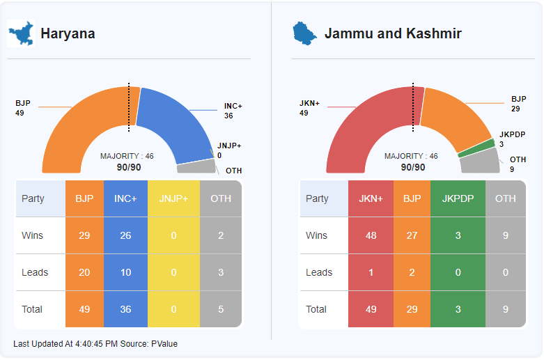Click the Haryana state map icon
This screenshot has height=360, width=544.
pyautogui.click(x=21, y=33)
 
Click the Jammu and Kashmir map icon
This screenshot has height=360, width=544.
pyautogui.click(x=304, y=33)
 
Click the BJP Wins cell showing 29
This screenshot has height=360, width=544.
pyautogui.click(x=84, y=235)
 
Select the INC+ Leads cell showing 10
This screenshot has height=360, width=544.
pyautogui.click(x=125, y=272)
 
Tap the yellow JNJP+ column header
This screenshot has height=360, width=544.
pyautogui.click(x=173, y=198)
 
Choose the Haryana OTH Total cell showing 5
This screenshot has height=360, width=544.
pyautogui.click(x=221, y=309)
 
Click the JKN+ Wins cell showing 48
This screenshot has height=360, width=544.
pyautogui.click(x=371, y=235)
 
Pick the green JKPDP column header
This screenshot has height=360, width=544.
pyautogui.click(x=458, y=198)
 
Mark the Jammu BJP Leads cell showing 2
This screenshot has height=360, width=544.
pyautogui.click(x=412, y=272)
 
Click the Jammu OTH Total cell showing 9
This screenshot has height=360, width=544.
pyautogui.click(x=505, y=309)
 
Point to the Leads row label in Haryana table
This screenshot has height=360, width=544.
pyautogui.click(x=36, y=272)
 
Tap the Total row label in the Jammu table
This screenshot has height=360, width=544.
pyautogui.click(x=316, y=309)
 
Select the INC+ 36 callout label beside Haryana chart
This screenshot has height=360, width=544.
pyautogui.click(x=233, y=111)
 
